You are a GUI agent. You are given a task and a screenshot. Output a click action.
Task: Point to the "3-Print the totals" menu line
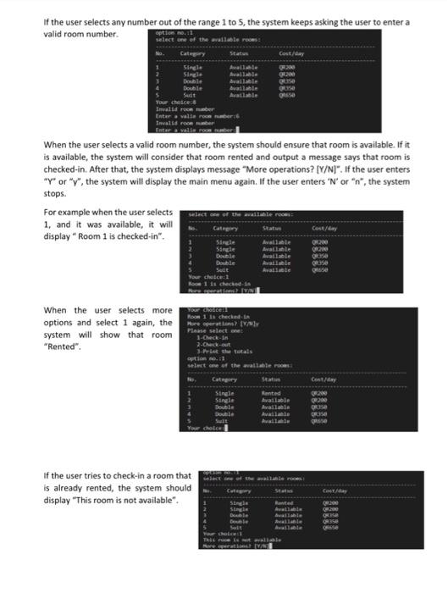coord(221,352)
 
